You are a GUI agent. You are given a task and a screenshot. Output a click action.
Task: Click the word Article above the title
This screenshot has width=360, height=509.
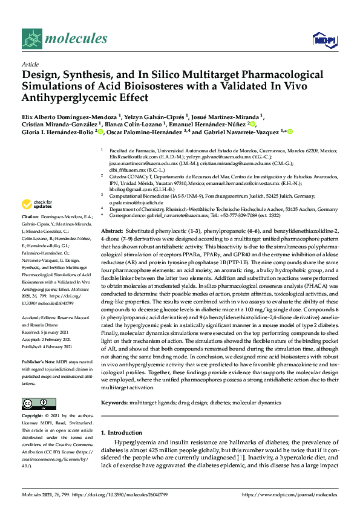(x=30, y=63)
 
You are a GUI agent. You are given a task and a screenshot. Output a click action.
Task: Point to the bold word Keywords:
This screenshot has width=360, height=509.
(x=115, y=402)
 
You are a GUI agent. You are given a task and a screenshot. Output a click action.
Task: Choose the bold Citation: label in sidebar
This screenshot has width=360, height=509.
(x=31, y=216)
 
